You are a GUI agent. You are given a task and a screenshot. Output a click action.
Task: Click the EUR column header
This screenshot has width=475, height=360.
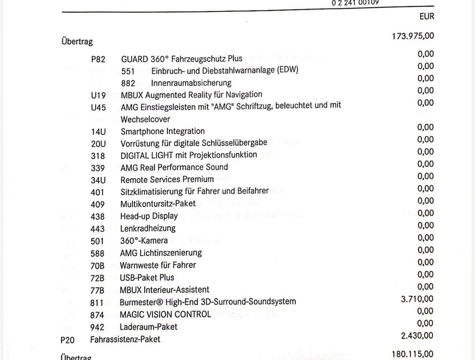click(427, 16)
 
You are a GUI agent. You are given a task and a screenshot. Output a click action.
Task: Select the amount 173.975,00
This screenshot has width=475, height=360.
click(413, 36)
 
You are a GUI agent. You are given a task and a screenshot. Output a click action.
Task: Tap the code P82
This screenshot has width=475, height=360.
click(98, 59)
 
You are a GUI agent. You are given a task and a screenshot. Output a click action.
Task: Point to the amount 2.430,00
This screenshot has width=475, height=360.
click(417, 335)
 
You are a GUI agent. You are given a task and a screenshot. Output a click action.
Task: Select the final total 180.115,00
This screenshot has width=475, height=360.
click(413, 354)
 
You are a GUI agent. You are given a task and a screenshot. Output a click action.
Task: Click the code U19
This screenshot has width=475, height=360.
click(98, 95)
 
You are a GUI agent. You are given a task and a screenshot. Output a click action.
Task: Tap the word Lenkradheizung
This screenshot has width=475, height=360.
click(148, 228)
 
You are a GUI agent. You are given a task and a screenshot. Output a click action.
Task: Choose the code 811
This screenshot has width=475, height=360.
click(97, 302)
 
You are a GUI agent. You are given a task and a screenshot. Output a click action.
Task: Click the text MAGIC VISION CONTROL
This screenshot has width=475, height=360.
click(165, 314)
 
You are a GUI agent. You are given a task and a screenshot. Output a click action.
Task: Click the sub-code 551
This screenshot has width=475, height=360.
click(128, 71)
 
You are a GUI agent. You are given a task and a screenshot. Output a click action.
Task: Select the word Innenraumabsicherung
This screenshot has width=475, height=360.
click(191, 83)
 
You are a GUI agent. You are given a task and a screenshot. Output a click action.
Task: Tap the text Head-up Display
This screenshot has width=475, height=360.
click(149, 216)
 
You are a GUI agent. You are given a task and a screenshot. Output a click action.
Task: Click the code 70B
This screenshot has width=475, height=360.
click(97, 266)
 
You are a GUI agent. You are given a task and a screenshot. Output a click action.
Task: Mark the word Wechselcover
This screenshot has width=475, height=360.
click(145, 119)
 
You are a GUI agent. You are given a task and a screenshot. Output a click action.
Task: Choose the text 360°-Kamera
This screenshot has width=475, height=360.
click(143, 240)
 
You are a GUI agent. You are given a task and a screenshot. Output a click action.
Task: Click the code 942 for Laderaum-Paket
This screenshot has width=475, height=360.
click(97, 327)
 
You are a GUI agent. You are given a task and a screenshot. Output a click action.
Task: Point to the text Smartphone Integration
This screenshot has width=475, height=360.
click(162, 131)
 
